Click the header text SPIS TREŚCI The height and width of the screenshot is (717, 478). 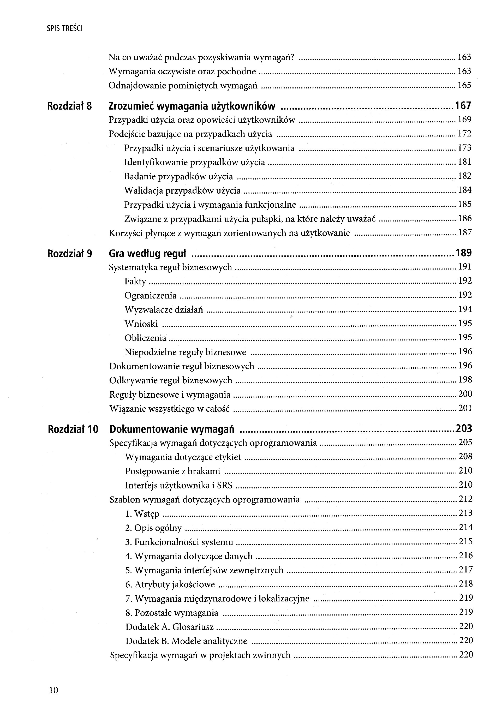[65, 29]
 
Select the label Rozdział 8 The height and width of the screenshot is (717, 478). [69, 106]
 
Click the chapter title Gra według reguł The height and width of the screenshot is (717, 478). [147, 253]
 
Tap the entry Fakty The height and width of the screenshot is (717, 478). [135, 281]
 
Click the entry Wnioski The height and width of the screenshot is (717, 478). [141, 324]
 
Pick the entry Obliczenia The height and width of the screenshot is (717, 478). [145, 338]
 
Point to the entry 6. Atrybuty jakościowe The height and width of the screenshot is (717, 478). [170, 584]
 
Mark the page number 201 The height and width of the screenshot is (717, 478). [465, 408]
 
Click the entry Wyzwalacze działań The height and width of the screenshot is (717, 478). [164, 310]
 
